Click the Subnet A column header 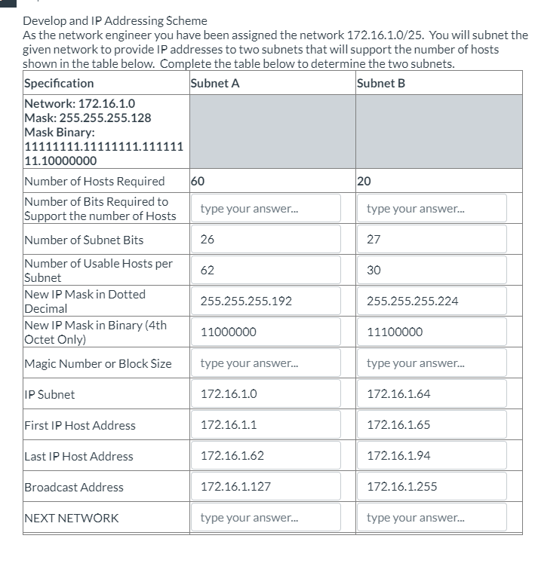click(215, 83)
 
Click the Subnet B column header click(380, 83)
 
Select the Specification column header click(60, 83)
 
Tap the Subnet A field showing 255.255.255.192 click(270, 301)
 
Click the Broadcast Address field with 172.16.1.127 click(270, 487)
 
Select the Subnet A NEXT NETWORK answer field click(270, 518)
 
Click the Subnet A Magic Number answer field click(270, 363)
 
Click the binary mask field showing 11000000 click(270, 332)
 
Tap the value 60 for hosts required click(198, 181)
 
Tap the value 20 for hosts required click(365, 181)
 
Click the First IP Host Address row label click(80, 425)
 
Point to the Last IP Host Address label click(78, 456)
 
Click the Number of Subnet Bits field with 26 click(270, 239)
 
